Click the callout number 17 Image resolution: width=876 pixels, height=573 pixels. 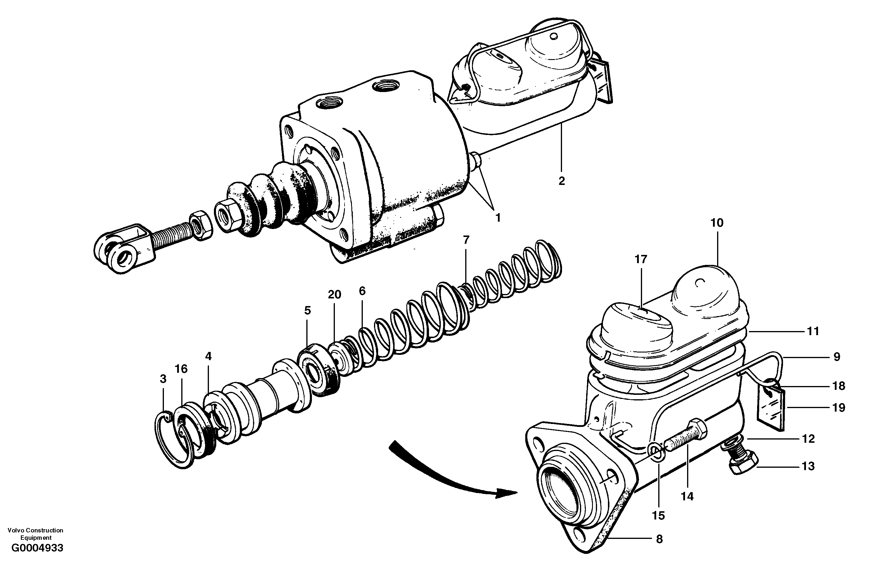pos(641,260)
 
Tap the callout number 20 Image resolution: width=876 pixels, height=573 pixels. pos(335,295)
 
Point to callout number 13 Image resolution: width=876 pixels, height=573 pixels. pos(808,466)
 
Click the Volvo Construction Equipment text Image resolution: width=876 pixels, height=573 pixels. pos(35,534)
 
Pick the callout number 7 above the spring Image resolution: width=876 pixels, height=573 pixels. pos(466,240)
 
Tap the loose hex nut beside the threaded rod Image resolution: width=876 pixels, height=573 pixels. pos(201,225)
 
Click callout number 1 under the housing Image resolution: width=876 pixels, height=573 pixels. pos(498,218)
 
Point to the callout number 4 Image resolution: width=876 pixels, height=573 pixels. pos(209,356)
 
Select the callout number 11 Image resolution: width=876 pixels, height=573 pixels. pos(813,331)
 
